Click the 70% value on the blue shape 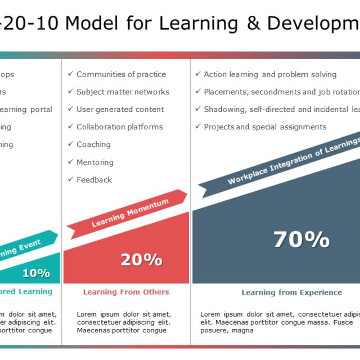[x=301, y=240]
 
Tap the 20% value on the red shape [x=141, y=259]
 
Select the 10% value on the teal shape [x=36, y=273]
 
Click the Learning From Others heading [x=126, y=292]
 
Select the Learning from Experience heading [x=291, y=292]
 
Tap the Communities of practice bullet [x=121, y=74]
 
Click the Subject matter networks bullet [x=123, y=92]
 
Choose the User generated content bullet [x=120, y=109]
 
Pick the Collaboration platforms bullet [x=120, y=127]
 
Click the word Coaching [x=93, y=145]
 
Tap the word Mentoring [x=95, y=163]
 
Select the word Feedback [x=94, y=180]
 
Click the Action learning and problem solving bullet [x=270, y=74]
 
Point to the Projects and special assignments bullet [x=265, y=127]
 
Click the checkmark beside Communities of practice [x=70, y=74]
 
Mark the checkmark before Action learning [x=198, y=74]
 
